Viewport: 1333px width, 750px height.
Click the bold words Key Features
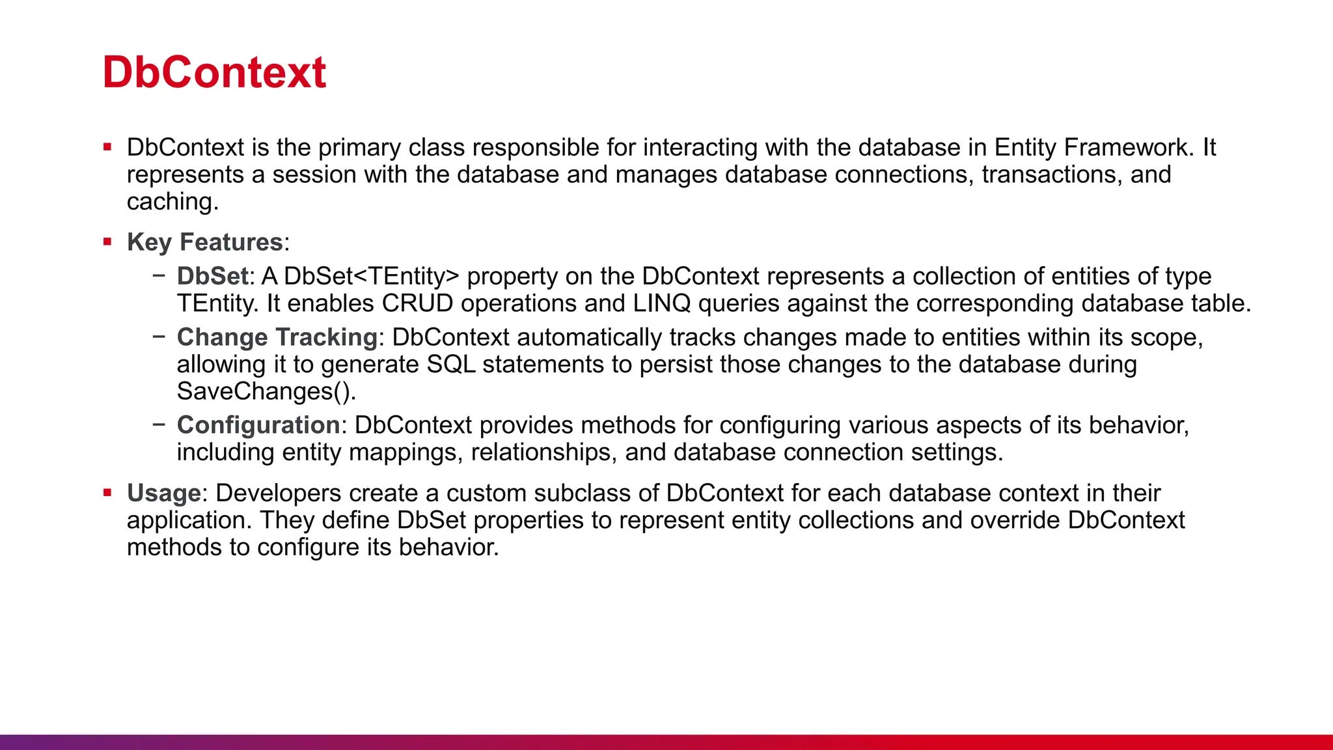click(x=204, y=242)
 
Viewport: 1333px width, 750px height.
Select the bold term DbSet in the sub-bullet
click(x=212, y=276)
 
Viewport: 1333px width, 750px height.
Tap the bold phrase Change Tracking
click(x=277, y=337)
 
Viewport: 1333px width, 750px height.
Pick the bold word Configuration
click(x=258, y=425)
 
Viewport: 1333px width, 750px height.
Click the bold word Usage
click(x=163, y=493)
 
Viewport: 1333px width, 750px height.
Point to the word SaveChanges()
click(x=265, y=391)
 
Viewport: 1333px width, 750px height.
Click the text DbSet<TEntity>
click(x=372, y=276)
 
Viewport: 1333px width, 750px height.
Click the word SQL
click(x=451, y=365)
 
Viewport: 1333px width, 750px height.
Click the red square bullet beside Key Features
click(x=107, y=242)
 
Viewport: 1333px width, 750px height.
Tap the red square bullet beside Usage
click(x=107, y=493)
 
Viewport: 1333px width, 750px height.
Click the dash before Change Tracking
click(x=159, y=337)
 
